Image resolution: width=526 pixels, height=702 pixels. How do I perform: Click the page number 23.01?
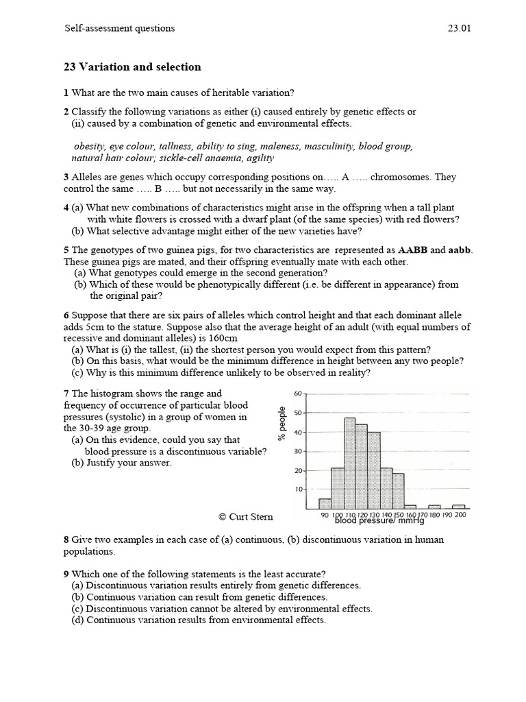tap(458, 29)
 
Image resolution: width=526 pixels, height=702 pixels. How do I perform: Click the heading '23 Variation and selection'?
tap(132, 67)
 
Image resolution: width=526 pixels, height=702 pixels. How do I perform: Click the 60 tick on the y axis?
tap(298, 394)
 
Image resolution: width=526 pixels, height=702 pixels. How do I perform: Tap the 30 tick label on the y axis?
tap(298, 451)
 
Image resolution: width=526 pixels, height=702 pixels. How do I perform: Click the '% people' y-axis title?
tap(281, 424)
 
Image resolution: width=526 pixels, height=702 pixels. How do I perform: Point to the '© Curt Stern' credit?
tap(246, 516)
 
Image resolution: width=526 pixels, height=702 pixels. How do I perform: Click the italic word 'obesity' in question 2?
tap(89, 146)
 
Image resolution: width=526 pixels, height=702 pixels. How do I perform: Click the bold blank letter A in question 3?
tap(345, 177)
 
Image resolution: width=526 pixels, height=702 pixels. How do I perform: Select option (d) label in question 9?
tap(78, 620)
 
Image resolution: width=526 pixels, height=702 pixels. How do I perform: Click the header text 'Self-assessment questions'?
tap(120, 29)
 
